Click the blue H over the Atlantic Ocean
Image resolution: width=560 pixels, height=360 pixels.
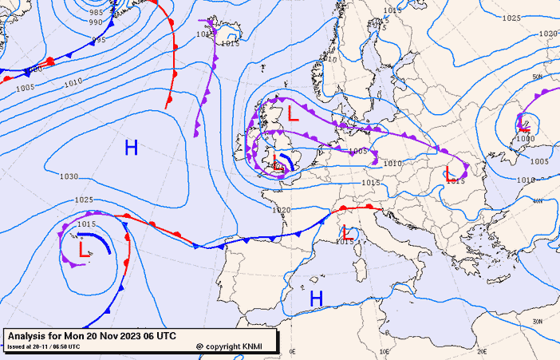click(x=131, y=147)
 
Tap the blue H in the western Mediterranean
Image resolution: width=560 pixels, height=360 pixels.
click(x=317, y=299)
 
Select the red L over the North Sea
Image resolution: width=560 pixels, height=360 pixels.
click(x=294, y=113)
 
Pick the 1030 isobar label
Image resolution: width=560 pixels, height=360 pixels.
click(x=69, y=176)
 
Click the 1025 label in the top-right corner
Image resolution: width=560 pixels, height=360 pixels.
click(x=511, y=18)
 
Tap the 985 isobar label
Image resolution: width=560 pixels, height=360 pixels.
click(x=97, y=13)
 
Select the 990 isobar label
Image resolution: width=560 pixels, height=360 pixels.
click(x=97, y=23)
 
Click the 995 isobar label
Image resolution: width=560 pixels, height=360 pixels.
click(x=98, y=40)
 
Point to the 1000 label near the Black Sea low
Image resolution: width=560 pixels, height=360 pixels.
click(x=525, y=138)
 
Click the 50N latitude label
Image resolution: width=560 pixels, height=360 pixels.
click(x=538, y=77)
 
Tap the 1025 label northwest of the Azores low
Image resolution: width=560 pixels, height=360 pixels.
click(x=84, y=200)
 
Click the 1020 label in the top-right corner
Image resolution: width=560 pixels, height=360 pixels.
click(x=548, y=34)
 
